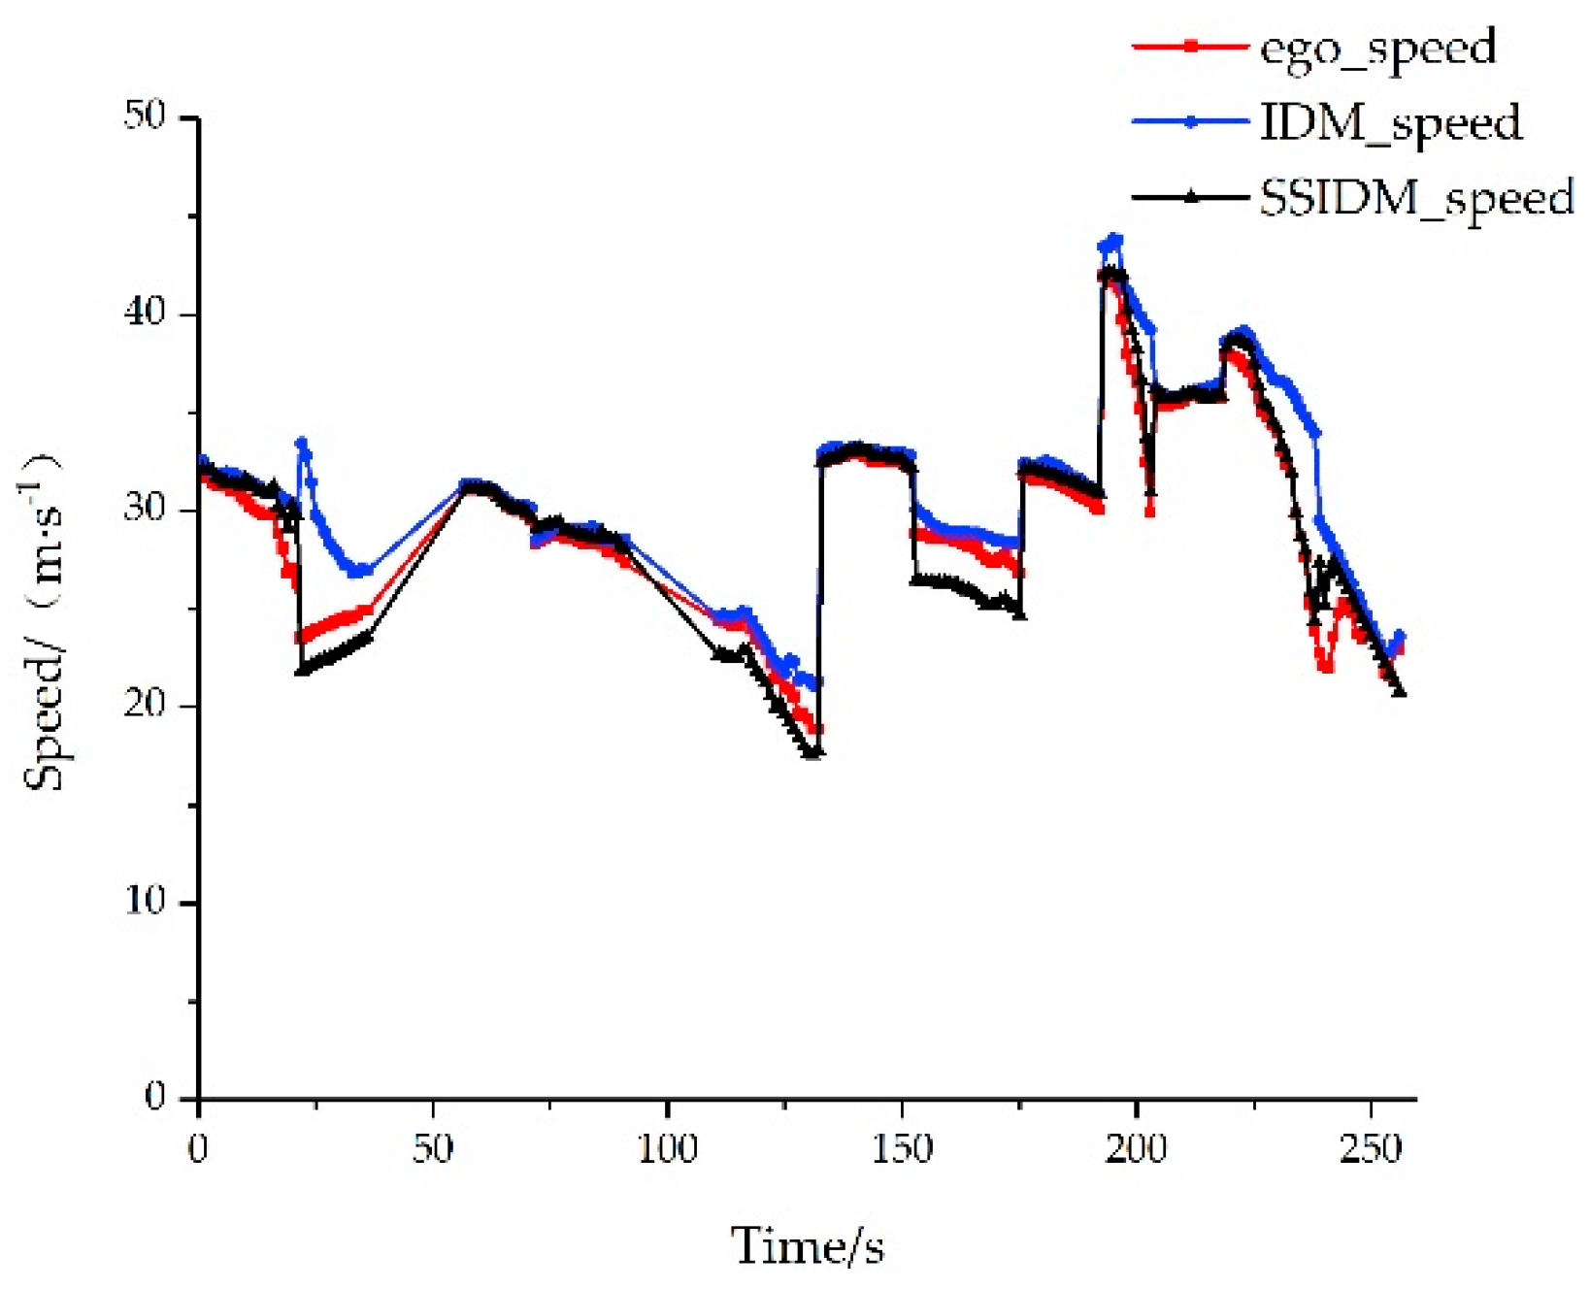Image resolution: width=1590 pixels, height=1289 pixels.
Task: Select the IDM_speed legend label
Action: tap(1390, 123)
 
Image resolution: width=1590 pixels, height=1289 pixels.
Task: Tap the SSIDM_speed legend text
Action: tap(1416, 198)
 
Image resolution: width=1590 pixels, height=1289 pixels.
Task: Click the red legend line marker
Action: tap(1190, 46)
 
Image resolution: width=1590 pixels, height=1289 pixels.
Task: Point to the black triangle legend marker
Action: tap(1190, 197)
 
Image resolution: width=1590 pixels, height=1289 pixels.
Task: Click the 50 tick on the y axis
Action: tap(145, 116)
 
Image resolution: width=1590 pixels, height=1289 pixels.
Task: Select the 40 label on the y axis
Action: tap(145, 314)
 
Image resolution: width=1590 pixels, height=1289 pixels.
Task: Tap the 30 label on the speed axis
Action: tap(145, 509)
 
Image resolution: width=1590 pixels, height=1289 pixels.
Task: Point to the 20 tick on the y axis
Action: tap(145, 705)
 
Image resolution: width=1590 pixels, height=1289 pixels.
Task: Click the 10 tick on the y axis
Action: tap(145, 902)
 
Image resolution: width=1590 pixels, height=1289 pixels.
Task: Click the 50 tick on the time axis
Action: tap(433, 1149)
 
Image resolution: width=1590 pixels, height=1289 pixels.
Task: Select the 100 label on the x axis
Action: tap(667, 1149)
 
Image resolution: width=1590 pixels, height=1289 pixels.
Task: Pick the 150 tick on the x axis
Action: tap(902, 1149)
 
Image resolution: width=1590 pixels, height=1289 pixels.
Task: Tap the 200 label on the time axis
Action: tap(1136, 1149)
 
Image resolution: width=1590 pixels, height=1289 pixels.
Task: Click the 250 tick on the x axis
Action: tap(1371, 1149)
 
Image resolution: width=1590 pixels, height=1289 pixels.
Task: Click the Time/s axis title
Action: tap(807, 1246)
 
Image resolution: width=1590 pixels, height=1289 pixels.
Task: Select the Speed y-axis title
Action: tap(44, 621)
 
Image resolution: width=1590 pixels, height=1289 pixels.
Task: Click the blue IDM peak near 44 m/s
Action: tap(1114, 239)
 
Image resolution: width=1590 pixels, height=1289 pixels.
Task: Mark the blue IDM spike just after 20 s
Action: tap(302, 443)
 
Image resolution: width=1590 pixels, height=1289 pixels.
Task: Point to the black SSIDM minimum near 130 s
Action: tap(813, 752)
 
